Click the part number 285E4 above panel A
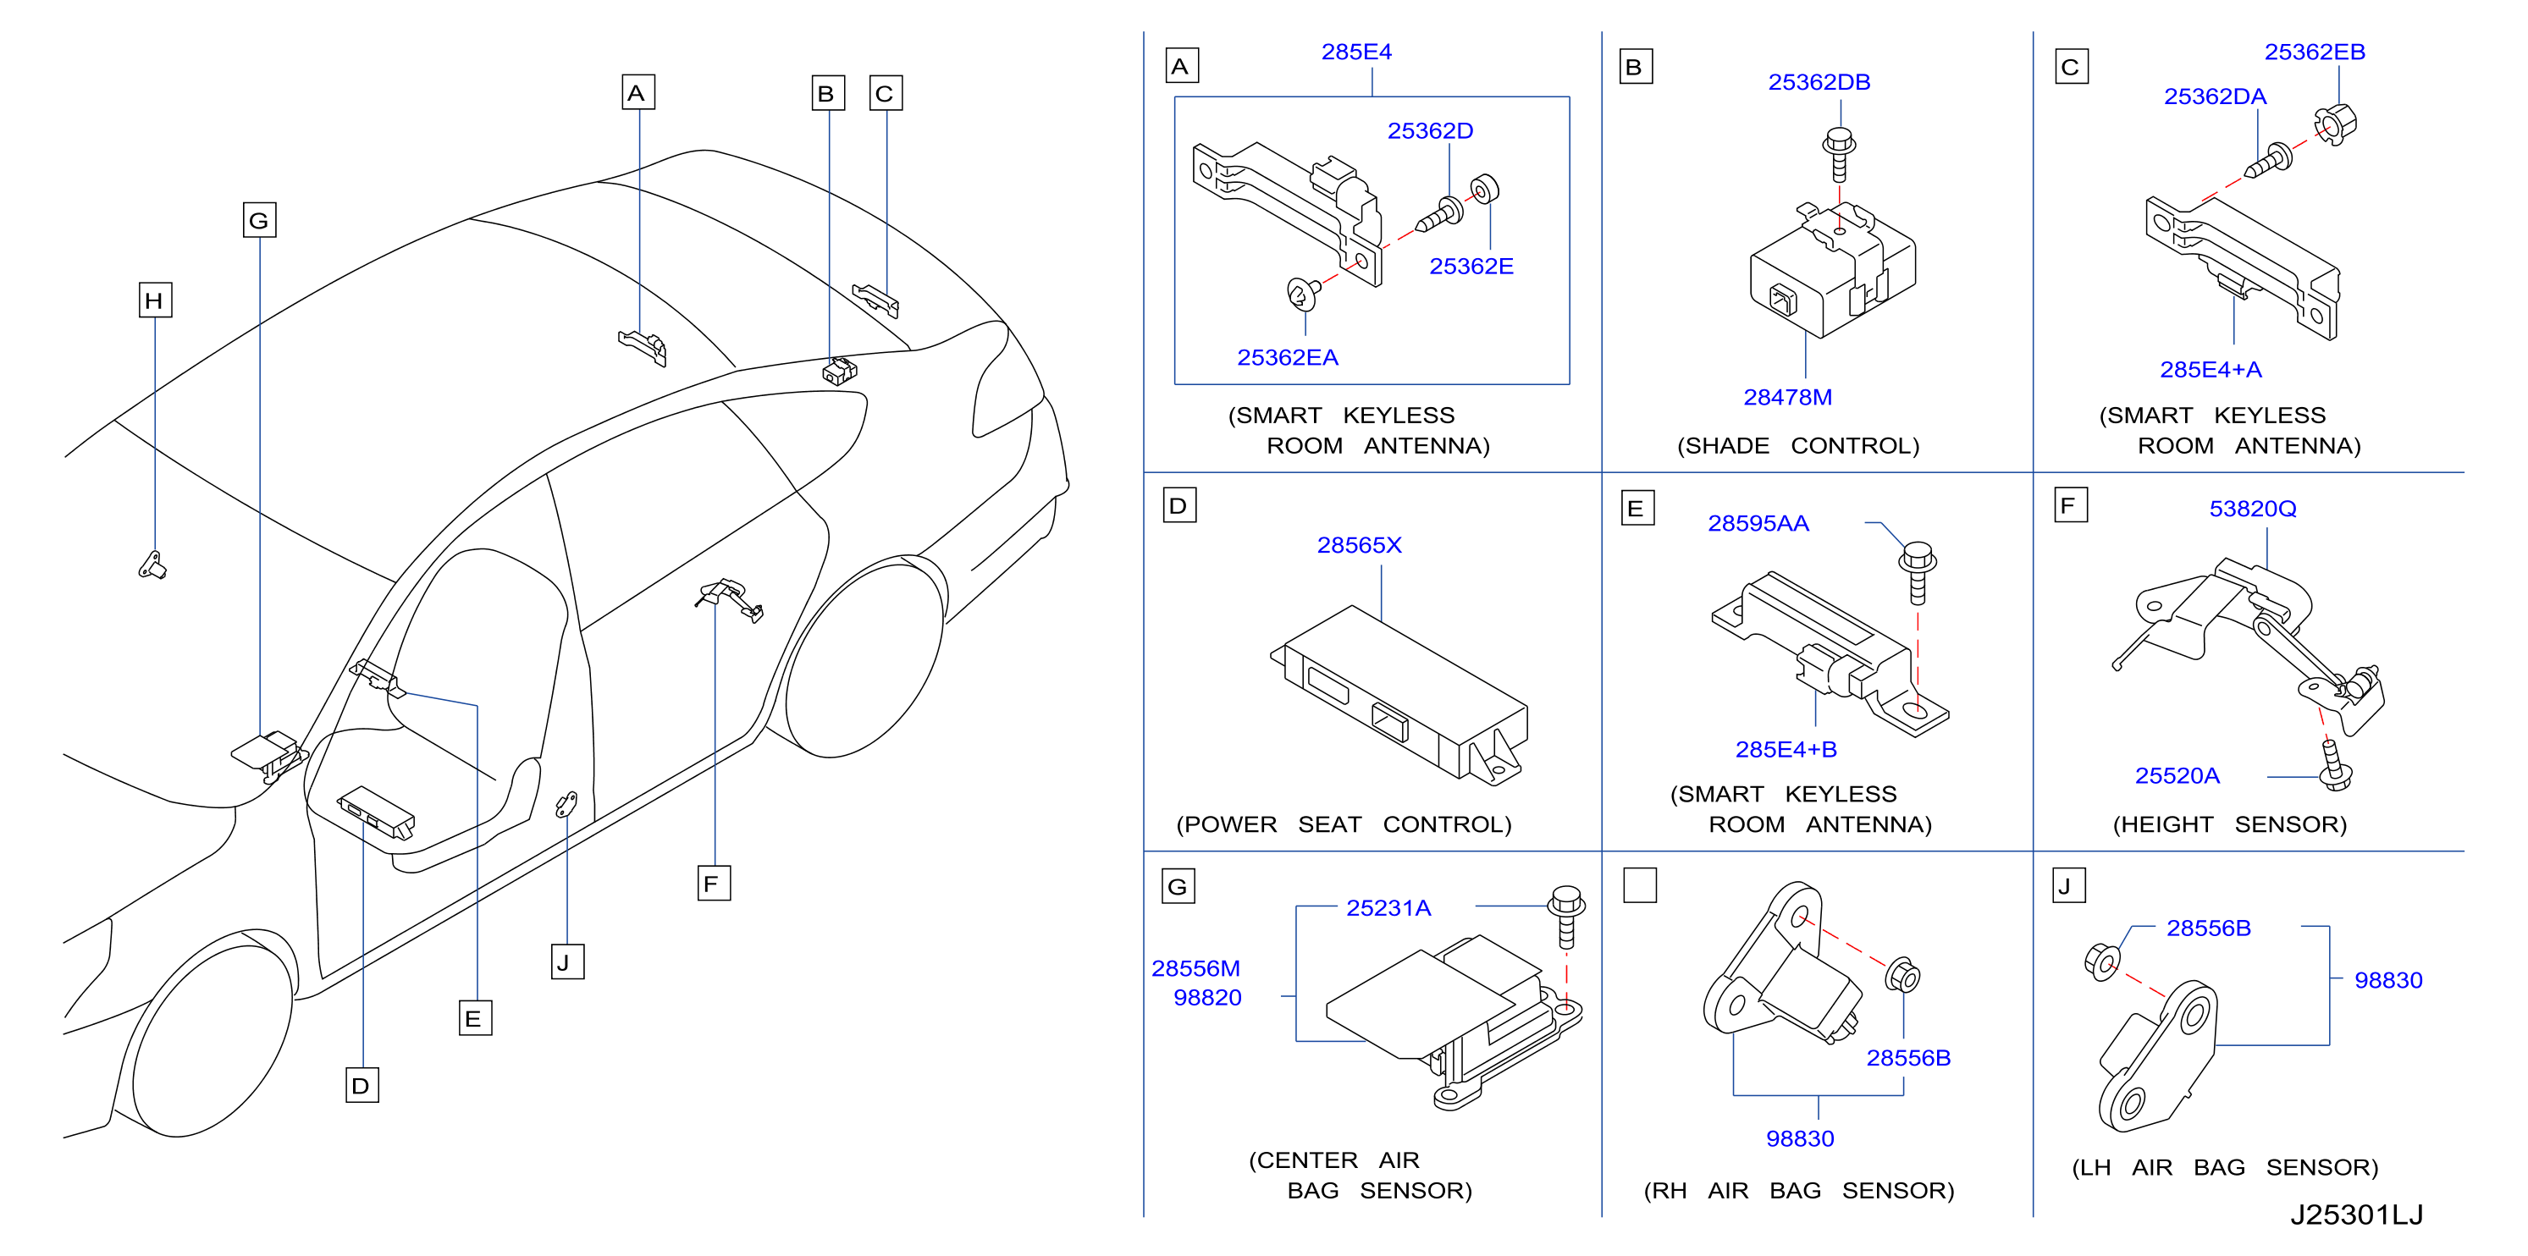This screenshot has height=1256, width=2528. point(1356,52)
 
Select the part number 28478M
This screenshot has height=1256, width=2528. point(1787,398)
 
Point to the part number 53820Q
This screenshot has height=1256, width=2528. point(2252,510)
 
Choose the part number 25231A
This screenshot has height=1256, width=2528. point(1388,909)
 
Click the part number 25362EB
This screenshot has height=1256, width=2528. point(2314,52)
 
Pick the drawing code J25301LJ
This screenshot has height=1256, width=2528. point(2356,1215)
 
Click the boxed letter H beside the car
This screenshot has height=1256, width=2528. point(155,300)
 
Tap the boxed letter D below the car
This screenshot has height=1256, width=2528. point(362,1085)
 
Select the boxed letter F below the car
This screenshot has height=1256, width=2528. point(714,883)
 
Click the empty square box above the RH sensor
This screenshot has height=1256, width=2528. point(1640,885)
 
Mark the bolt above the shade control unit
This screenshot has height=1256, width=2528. point(1839,154)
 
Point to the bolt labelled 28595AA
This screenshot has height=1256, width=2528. point(1918,572)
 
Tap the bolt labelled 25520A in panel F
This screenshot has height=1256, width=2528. point(2335,765)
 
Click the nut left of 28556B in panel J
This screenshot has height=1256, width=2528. point(2101,961)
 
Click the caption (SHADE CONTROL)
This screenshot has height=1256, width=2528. point(1798,447)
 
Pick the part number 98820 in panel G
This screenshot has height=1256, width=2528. point(1207,998)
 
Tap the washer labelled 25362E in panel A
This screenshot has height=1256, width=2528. point(1485,190)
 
